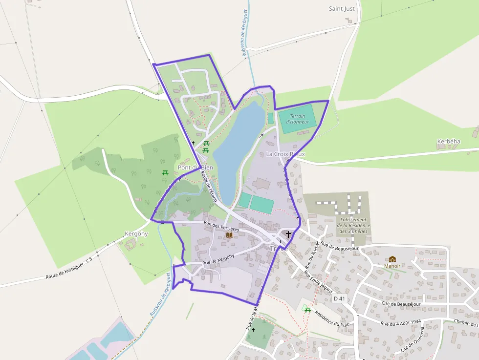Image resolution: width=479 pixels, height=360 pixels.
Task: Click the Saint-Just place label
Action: coord(342,8)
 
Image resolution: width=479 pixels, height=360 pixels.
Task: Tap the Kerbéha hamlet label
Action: coord(448,141)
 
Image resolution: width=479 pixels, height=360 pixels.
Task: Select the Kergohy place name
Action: coord(136,233)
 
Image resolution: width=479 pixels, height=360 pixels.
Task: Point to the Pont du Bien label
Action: coord(195,168)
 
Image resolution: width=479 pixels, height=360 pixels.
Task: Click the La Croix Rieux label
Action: coord(285,154)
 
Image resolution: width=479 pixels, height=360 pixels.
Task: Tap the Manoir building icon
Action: coord(392,259)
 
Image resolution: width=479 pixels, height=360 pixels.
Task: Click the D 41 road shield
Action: coord(339,298)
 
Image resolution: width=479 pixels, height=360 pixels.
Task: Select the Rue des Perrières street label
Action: coord(221,226)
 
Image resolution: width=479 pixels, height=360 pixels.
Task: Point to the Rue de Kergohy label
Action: coord(218,259)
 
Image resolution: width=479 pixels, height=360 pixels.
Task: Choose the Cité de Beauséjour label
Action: coord(400,303)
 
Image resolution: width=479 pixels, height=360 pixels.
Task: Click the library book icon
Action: coord(229,235)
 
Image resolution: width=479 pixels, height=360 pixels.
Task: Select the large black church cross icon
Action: coord(288,234)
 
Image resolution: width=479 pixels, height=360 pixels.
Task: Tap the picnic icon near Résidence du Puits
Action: coord(307,309)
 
